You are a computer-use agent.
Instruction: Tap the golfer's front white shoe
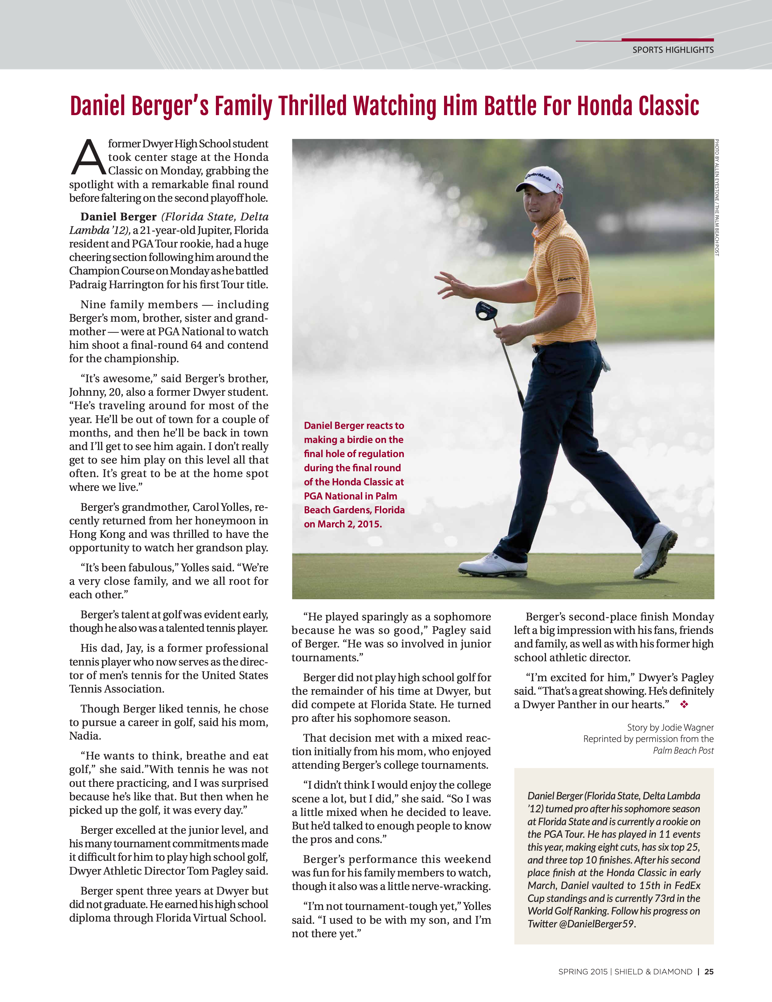[x=493, y=565]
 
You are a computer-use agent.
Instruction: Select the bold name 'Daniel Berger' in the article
[x=119, y=217]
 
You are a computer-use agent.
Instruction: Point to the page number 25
[x=709, y=971]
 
